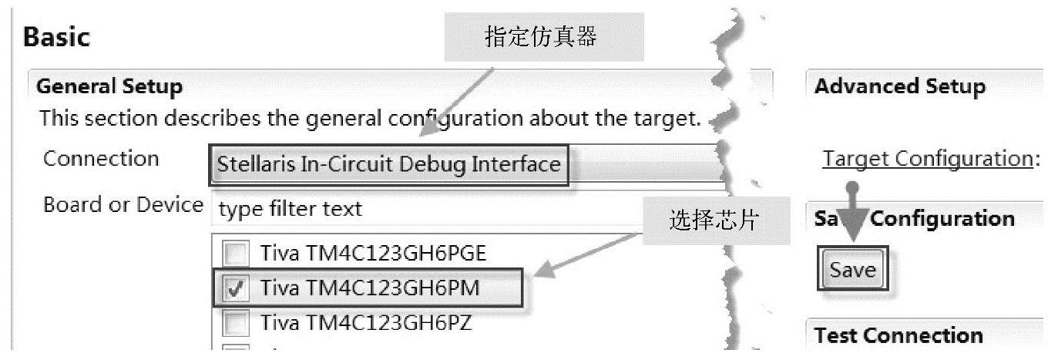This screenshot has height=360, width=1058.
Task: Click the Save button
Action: tap(853, 270)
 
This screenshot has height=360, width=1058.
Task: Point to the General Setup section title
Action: tap(109, 86)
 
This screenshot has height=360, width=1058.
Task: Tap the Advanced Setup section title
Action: tap(899, 86)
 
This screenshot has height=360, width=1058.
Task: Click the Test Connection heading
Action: tap(898, 335)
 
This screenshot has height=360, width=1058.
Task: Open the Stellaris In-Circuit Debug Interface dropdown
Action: tap(388, 164)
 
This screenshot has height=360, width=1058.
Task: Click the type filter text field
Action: tap(462, 208)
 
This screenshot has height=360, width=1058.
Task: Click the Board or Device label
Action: tap(123, 206)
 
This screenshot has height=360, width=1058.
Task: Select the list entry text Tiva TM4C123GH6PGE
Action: tap(374, 253)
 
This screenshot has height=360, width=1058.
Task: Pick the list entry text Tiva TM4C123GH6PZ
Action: tap(366, 322)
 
